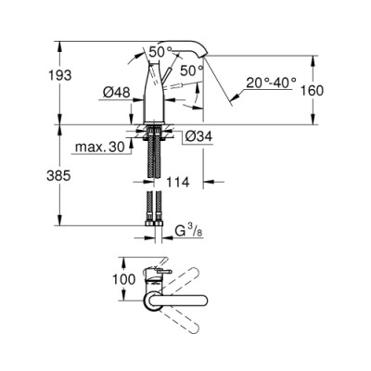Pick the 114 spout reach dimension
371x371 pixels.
(x=181, y=183)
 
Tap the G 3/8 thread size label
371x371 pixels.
(x=189, y=228)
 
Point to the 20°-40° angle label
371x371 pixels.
(x=270, y=82)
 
